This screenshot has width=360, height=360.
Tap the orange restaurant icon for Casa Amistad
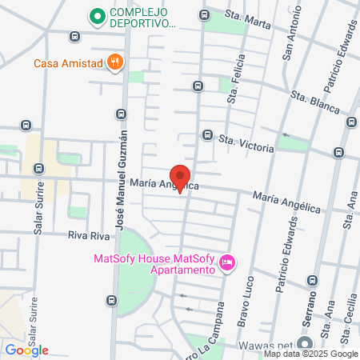(x=115, y=63)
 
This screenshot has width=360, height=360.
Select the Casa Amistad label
(x=69, y=63)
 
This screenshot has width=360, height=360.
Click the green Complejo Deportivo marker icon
(x=98, y=16)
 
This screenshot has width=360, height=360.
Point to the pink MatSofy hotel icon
(x=227, y=262)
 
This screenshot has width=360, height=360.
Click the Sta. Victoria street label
(x=247, y=143)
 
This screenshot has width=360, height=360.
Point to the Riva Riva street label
(x=88, y=236)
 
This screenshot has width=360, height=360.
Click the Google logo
(x=26, y=350)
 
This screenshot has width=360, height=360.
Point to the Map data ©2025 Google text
(x=311, y=354)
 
